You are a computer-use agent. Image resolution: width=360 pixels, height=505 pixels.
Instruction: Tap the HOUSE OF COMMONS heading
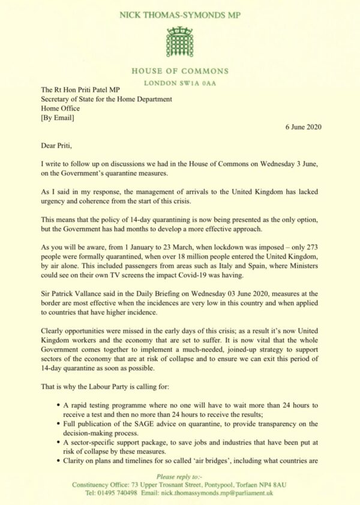[179, 71]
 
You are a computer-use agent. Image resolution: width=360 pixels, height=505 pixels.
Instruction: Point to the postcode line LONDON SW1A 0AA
[179, 83]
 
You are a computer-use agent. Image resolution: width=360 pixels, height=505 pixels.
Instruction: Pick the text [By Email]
[58, 118]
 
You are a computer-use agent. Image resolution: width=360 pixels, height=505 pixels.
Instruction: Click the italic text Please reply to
[179, 474]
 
